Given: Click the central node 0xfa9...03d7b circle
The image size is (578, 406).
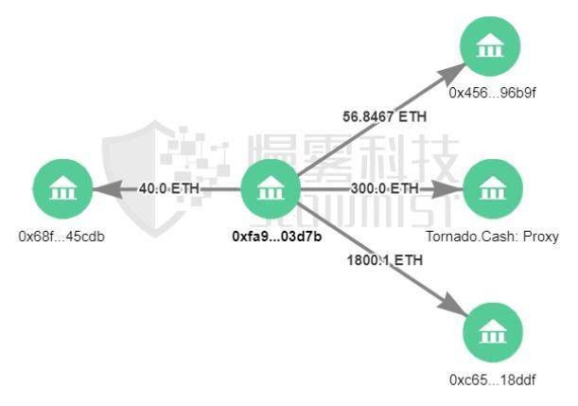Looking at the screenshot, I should pos(271,189).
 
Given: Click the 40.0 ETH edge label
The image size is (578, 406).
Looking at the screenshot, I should pos(169,188).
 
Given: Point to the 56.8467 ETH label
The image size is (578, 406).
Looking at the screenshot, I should pos(384,117).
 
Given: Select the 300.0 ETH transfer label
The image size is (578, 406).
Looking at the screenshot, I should pos(384,188).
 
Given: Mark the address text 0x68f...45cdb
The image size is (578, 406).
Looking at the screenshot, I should pos(61,236).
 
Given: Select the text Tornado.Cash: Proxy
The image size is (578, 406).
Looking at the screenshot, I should pos(506,236).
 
